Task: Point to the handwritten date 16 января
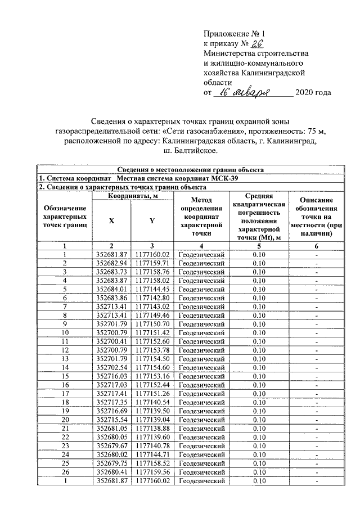[248, 92]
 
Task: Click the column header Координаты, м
[132, 195]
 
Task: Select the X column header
[111, 220]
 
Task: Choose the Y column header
[152, 220]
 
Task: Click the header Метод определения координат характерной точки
[200, 217]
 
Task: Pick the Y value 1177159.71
[152, 263]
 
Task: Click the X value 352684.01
[111, 289]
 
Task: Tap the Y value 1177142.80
[152, 297]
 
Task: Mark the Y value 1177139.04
[152, 420]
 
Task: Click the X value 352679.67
[111, 446]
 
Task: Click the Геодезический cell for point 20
[201, 420]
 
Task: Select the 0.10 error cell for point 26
[259, 472]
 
